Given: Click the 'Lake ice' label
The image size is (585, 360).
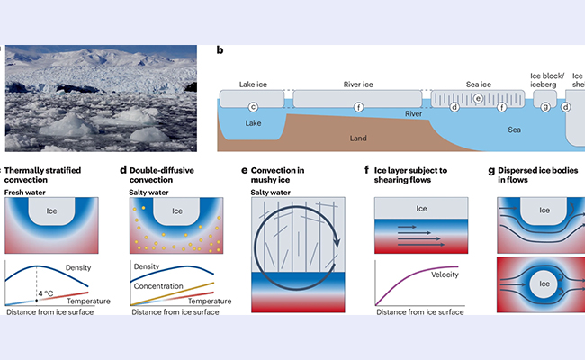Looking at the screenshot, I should (253, 84).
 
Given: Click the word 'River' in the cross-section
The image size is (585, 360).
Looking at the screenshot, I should (414, 114).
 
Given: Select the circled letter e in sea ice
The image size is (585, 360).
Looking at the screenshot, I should (479, 97).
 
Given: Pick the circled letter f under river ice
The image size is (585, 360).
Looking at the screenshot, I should (358, 107).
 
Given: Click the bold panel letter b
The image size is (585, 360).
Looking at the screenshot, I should (220, 52).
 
